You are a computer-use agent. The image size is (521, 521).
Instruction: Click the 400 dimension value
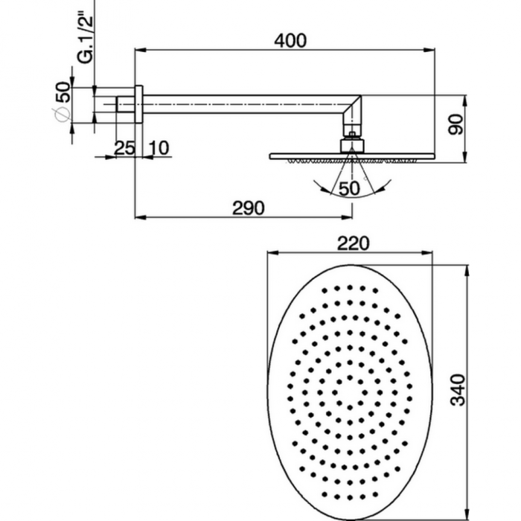[290, 41]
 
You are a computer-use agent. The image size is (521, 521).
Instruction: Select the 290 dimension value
[249, 208]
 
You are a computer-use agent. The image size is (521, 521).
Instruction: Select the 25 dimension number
[124, 147]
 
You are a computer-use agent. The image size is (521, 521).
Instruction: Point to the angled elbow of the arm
[352, 112]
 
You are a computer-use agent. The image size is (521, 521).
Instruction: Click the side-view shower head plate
[350, 156]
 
